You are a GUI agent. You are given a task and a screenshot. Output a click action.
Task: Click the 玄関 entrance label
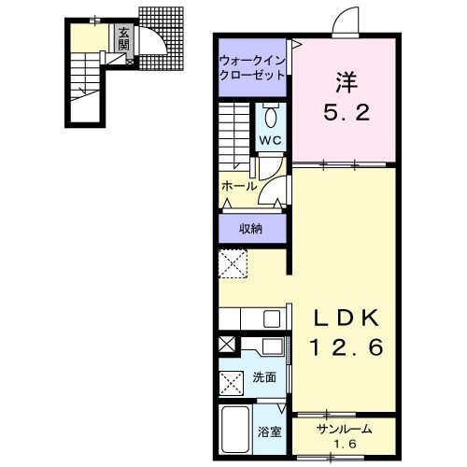pyautogui.click(x=123, y=39)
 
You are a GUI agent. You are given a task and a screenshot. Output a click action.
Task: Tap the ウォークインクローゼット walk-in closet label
pyautogui.click(x=252, y=67)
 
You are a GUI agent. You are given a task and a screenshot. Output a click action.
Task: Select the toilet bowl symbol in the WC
pyautogui.click(x=271, y=116)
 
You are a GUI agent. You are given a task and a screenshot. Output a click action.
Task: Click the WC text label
pyautogui.click(x=271, y=140)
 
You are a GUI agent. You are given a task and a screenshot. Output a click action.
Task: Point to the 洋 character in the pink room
pyautogui.click(x=347, y=82)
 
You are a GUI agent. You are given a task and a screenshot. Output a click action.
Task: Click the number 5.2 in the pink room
pyautogui.click(x=347, y=112)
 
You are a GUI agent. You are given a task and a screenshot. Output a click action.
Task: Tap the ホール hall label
pyautogui.click(x=239, y=187)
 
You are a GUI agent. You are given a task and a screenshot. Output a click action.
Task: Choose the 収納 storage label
pyautogui.click(x=250, y=229)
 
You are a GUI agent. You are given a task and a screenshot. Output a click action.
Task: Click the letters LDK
pyautogui.click(x=347, y=318)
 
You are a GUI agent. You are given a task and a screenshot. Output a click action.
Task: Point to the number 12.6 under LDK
pyautogui.click(x=347, y=347)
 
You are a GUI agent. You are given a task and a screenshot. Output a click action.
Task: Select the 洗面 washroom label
pyautogui.click(x=264, y=377)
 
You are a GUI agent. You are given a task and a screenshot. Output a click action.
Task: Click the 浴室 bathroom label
pyautogui.click(x=270, y=432)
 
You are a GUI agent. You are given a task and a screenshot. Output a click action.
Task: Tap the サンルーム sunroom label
pyautogui.click(x=345, y=430)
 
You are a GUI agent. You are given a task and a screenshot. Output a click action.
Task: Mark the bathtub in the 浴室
pyautogui.click(x=234, y=430)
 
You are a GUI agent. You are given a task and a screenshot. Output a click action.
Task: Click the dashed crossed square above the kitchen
pyautogui.click(x=233, y=263)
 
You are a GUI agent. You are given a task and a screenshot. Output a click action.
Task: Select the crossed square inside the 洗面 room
pyautogui.click(x=232, y=383)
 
